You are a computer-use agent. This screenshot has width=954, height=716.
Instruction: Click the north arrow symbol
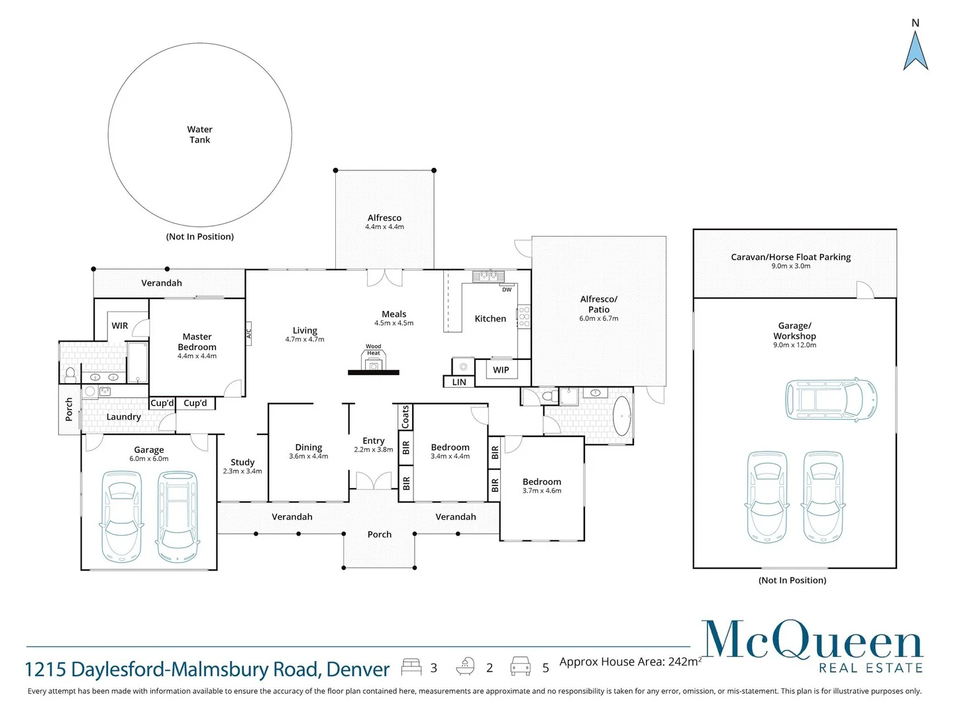pyautogui.click(x=916, y=51)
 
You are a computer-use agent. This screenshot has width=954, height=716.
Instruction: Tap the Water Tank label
pyautogui.click(x=199, y=135)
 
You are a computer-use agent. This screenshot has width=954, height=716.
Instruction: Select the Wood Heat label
pyautogui.click(x=374, y=349)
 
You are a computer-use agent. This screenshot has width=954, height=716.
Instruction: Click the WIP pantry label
pyautogui.click(x=501, y=370)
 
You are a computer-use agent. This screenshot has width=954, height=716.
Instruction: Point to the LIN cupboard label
pyautogui.click(x=459, y=383)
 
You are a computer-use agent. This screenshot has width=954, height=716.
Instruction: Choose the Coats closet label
pyautogui.click(x=405, y=417)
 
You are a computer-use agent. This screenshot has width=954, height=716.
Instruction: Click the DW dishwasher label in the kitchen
pyautogui.click(x=507, y=290)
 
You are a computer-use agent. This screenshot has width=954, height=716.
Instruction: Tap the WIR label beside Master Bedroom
pyautogui.click(x=120, y=326)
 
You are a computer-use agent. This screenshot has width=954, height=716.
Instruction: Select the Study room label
pyautogui.click(x=242, y=462)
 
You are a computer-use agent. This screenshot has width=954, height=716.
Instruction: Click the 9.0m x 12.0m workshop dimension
pyautogui.click(x=794, y=345)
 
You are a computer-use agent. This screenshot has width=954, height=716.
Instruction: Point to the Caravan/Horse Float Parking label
pyautogui.click(x=790, y=257)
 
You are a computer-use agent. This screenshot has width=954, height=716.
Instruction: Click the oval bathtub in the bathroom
pyautogui.click(x=621, y=416)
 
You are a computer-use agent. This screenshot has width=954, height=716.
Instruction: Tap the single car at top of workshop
pyautogui.click(x=831, y=400)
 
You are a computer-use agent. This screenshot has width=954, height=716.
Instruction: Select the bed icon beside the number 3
pyautogui.click(x=411, y=667)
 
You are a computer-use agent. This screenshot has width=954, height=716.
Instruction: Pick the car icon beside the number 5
pyautogui.click(x=520, y=666)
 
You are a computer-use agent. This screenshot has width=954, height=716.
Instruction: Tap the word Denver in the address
pyautogui.click(x=358, y=670)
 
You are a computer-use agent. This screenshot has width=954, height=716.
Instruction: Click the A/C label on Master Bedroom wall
pyautogui.click(x=249, y=333)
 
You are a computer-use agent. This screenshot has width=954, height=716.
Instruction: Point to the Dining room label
pyautogui.click(x=309, y=447)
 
